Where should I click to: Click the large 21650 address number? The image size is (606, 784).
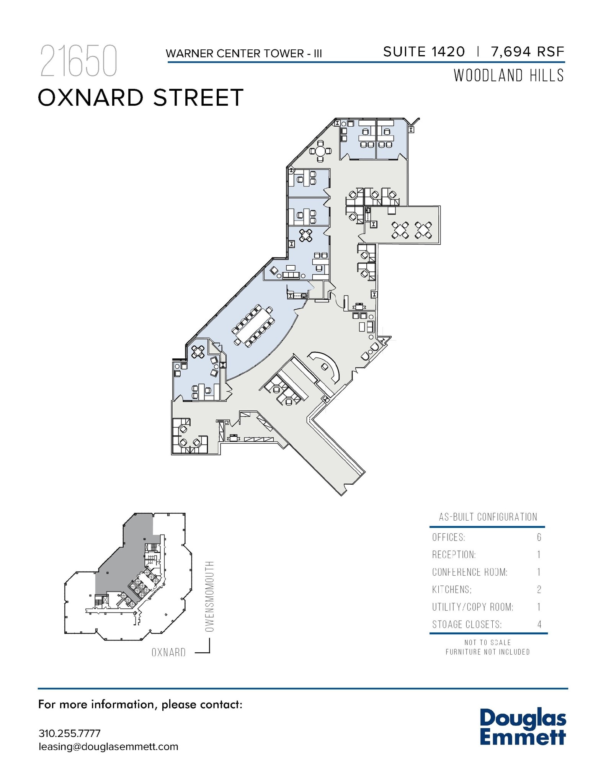pyautogui.click(x=78, y=61)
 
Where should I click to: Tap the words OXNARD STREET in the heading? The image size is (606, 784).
pyautogui.click(x=140, y=98)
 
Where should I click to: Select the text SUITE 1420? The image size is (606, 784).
pyautogui.click(x=424, y=52)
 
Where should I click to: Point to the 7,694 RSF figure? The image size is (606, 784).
pyautogui.click(x=528, y=52)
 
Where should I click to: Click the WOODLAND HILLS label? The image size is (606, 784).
pyautogui.click(x=508, y=75)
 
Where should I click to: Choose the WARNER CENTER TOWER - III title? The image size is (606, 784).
pyautogui.click(x=244, y=53)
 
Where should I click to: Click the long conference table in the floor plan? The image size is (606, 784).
pyautogui.click(x=253, y=325)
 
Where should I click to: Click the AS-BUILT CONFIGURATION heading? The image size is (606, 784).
pyautogui.click(x=488, y=517)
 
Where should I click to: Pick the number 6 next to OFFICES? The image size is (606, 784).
pyautogui.click(x=539, y=537)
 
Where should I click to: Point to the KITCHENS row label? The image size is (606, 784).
pyautogui.click(x=452, y=590)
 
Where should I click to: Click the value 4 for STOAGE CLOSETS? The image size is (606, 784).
pyautogui.click(x=539, y=625)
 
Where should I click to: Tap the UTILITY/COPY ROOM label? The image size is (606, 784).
pyautogui.click(x=473, y=607)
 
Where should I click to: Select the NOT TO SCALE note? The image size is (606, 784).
pyautogui.click(x=488, y=642)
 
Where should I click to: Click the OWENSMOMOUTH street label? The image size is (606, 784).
pyautogui.click(x=209, y=596)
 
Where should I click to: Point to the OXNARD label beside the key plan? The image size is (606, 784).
pyautogui.click(x=168, y=652)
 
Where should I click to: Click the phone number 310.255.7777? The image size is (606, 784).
pyautogui.click(x=69, y=733)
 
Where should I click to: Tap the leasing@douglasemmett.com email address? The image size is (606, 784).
pyautogui.click(x=108, y=747)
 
